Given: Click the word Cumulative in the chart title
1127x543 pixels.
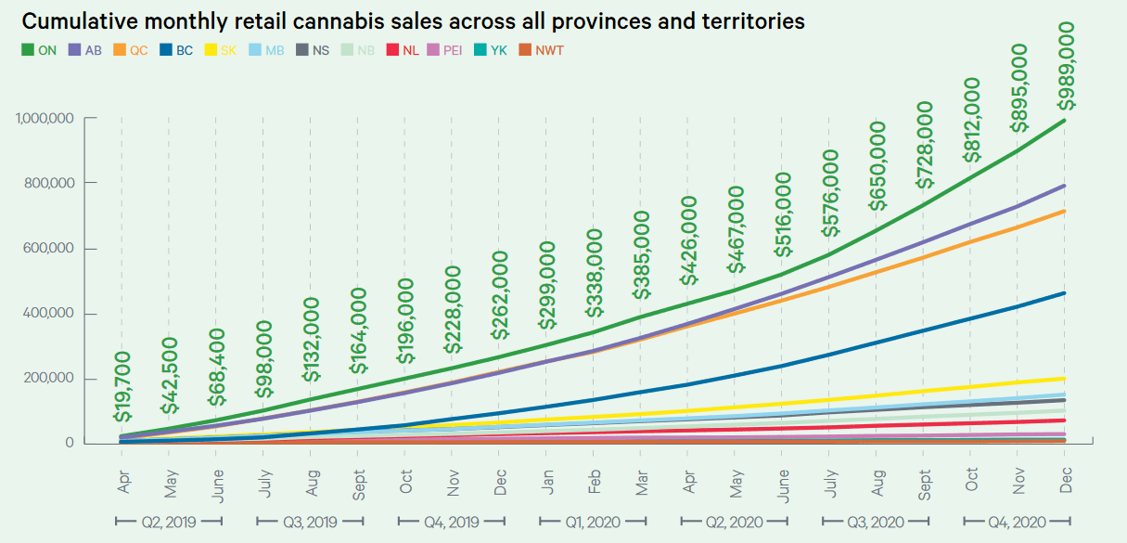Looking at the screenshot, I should click(77, 20).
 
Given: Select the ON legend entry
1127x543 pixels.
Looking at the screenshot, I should click(40, 51).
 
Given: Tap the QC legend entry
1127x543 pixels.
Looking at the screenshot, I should click(131, 51).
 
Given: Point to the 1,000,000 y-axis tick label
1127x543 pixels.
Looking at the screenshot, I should click(45, 118).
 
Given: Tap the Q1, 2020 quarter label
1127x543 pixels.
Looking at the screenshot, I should click(594, 522).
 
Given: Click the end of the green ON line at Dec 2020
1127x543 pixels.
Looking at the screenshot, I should click(1063, 120).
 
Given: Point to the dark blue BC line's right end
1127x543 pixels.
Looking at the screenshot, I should click(1063, 293).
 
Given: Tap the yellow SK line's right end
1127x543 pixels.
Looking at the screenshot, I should click(1063, 378).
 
